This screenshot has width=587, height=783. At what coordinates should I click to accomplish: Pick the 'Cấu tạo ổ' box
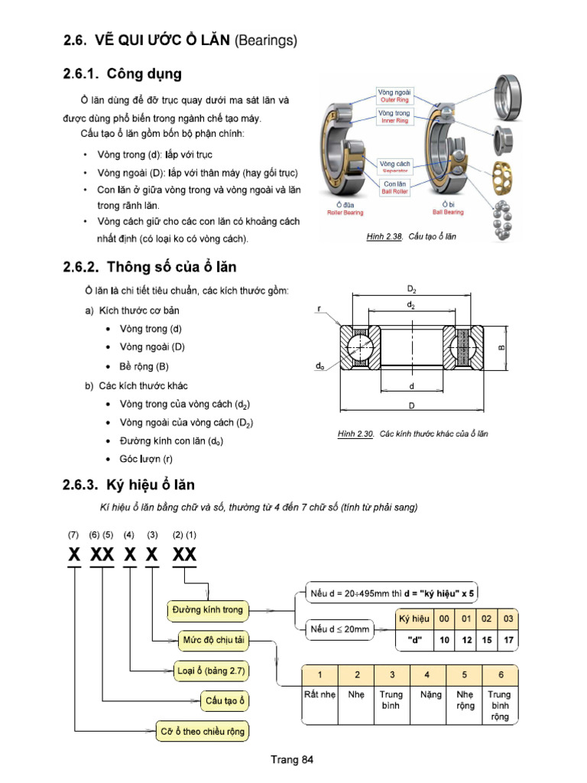click(x=226, y=700)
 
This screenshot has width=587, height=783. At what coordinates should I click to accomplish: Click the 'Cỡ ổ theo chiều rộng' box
click(x=203, y=731)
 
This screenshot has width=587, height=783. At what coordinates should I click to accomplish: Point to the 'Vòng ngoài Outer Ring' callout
click(x=394, y=96)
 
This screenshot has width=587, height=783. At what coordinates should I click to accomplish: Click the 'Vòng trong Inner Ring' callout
click(x=394, y=116)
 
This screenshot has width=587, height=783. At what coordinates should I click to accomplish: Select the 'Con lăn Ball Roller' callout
click(x=394, y=187)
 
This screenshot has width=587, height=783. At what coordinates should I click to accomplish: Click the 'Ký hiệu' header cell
click(x=415, y=619)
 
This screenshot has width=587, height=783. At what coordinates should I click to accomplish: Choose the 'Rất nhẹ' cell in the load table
click(x=320, y=695)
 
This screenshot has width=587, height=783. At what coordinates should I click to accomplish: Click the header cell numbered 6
click(x=501, y=675)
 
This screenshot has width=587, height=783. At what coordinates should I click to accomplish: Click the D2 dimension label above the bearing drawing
click(x=412, y=289)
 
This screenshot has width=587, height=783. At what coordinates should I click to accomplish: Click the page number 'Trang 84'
click(x=292, y=759)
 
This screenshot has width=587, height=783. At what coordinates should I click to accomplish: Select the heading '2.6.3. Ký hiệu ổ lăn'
click(x=128, y=485)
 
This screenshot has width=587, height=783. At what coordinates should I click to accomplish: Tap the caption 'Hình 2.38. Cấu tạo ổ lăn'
click(x=411, y=237)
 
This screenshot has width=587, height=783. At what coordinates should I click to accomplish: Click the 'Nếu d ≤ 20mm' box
click(x=339, y=629)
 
